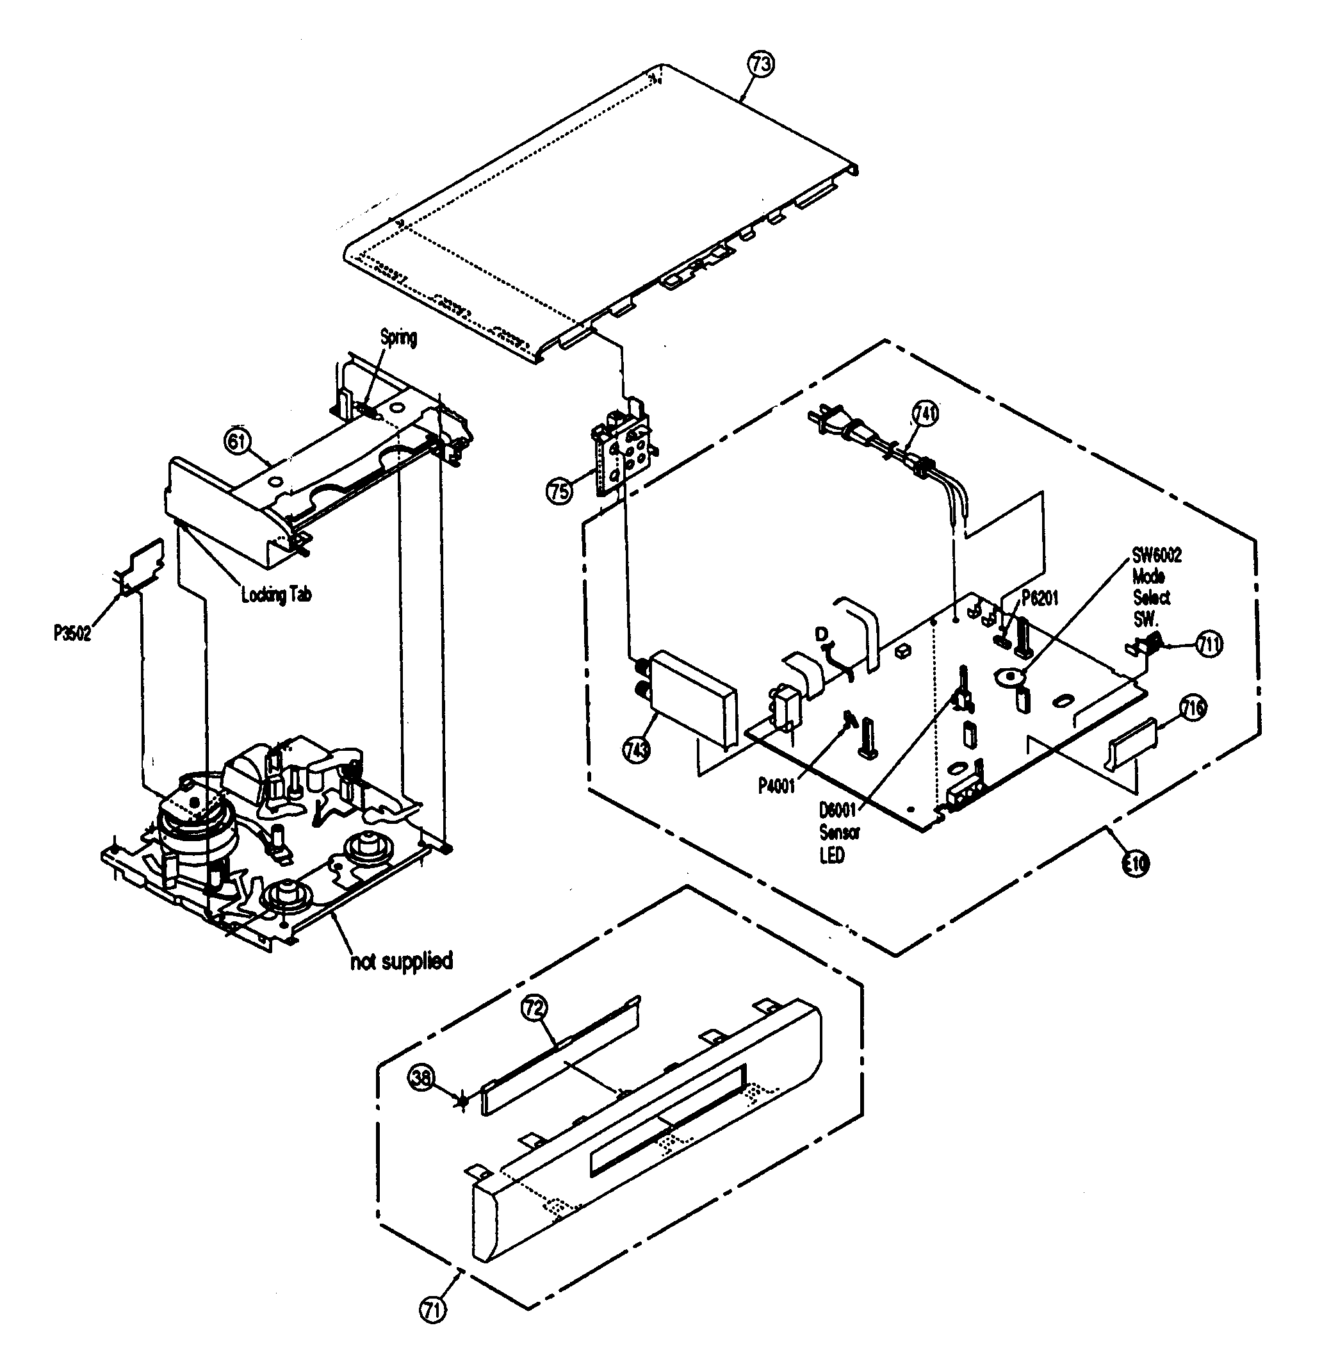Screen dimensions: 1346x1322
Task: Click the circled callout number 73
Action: tap(760, 64)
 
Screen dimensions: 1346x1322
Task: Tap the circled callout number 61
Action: tap(238, 441)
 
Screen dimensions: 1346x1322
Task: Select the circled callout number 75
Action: tap(559, 490)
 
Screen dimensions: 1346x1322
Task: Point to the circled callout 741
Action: tap(925, 414)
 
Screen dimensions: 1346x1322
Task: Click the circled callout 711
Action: tap(1209, 644)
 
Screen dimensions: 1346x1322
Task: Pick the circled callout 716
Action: tap(1193, 709)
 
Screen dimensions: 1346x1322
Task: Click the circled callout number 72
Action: tap(535, 1008)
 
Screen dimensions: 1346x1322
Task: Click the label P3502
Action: tap(72, 634)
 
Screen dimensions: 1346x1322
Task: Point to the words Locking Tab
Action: tap(276, 595)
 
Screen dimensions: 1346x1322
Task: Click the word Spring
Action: tap(398, 338)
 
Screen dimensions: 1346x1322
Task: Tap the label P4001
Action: tap(776, 787)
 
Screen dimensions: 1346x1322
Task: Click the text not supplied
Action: tap(402, 961)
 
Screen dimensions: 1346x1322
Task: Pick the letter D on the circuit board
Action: tap(822, 634)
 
